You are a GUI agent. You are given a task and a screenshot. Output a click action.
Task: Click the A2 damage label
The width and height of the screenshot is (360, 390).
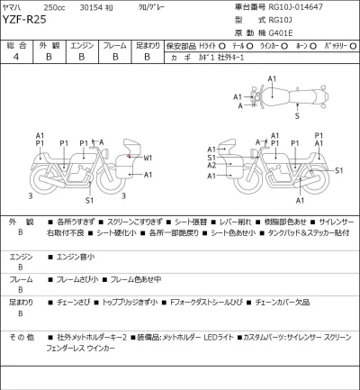coord(211,166)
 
